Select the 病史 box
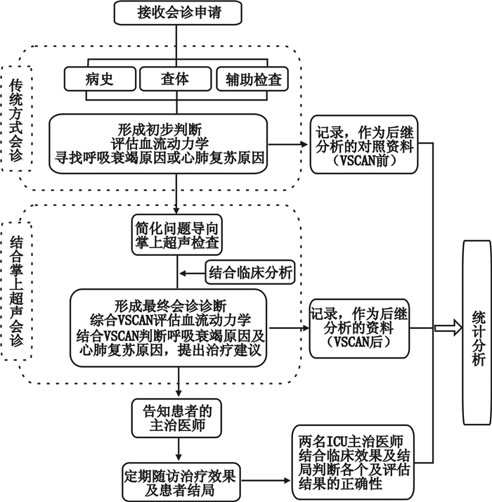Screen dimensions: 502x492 click(101, 79)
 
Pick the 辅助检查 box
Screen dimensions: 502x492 click(253, 79)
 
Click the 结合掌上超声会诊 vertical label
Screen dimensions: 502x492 click(16, 288)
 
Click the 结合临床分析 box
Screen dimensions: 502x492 click(250, 271)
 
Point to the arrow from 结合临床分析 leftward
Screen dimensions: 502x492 click(191, 271)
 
